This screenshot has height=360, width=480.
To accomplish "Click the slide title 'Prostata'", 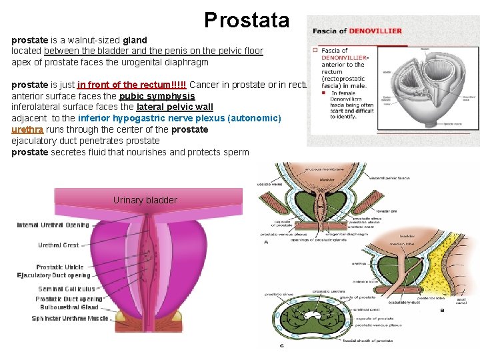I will (x=247, y=20).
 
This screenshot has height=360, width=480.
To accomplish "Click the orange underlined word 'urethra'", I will (x=27, y=129).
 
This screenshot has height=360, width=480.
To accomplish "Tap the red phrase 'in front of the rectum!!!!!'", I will (x=131, y=85).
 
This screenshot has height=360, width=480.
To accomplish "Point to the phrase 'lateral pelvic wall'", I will (x=175, y=107).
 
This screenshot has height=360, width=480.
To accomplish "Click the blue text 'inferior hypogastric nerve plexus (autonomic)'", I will (x=179, y=118).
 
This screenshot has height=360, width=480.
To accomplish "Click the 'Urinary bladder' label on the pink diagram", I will (x=145, y=200).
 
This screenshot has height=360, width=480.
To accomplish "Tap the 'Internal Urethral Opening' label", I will (x=53, y=225).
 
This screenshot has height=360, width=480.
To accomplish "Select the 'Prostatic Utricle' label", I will (x=60, y=267).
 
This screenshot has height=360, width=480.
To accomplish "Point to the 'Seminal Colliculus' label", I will (x=67, y=289).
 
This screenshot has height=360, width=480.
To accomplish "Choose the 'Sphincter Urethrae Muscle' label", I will (x=70, y=319).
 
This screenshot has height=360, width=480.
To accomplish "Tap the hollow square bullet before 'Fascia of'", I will (x=315, y=49).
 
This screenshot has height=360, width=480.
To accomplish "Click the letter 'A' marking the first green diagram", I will (x=267, y=242).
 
